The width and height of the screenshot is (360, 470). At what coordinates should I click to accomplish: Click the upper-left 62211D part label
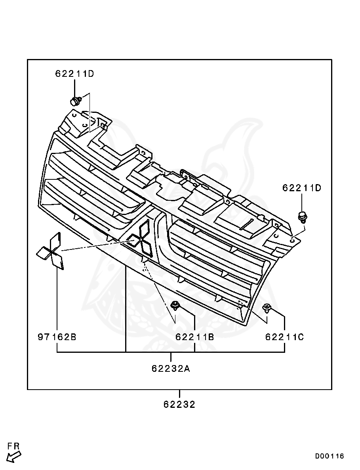74,74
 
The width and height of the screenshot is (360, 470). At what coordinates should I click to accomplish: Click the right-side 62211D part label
302,188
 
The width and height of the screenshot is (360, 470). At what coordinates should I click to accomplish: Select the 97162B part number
57,337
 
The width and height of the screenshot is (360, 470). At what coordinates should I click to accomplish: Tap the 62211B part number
195,337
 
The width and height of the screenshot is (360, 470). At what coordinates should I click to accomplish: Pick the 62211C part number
284,337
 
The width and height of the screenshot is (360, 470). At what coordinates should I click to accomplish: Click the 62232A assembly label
171,369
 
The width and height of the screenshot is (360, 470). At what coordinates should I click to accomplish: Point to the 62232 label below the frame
179,405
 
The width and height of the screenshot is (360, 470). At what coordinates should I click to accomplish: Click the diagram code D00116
330,456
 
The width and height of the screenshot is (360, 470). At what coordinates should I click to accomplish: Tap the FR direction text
13,446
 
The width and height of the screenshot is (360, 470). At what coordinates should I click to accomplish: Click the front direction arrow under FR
14,457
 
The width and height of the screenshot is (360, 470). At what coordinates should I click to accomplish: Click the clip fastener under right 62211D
303,217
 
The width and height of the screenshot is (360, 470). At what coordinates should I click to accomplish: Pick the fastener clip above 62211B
175,305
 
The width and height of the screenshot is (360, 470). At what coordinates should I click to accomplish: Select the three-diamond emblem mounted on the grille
141,238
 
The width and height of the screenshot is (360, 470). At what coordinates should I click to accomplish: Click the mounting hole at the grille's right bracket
292,240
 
